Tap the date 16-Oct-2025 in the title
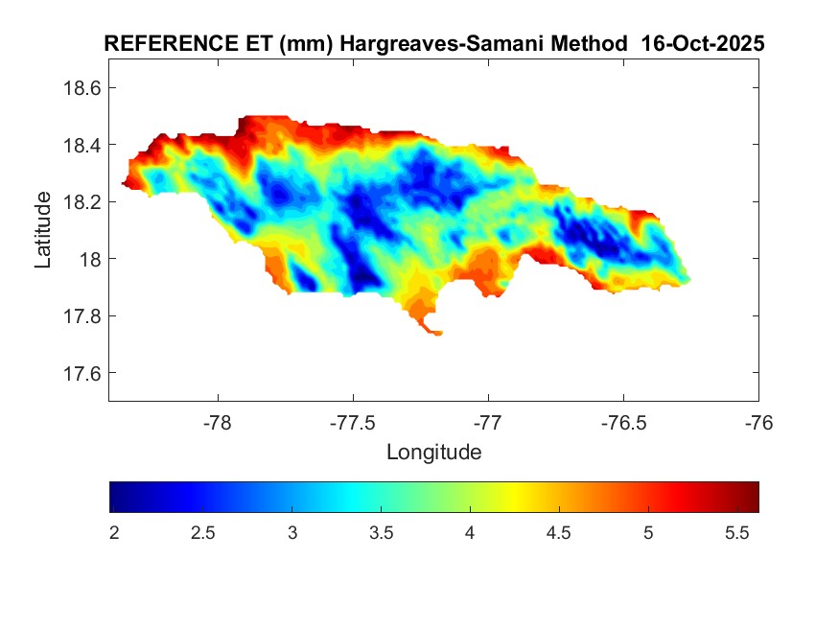coord(703,44)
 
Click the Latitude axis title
coord(43,229)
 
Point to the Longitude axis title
coord(433,452)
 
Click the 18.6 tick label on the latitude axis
coord(82,88)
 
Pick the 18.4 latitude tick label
coord(82,145)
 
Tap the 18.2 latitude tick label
coord(82,202)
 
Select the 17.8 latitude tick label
coord(82,316)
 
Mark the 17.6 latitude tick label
coord(82,373)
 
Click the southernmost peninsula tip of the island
coord(437,334)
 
